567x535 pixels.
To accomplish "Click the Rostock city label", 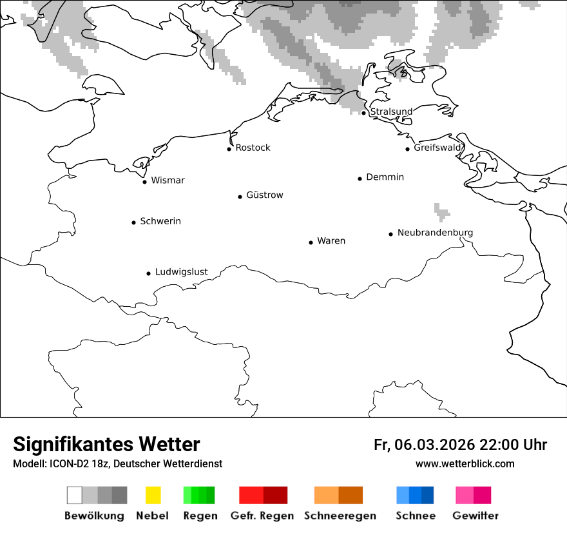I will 253,148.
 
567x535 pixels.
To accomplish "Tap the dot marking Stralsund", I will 363,113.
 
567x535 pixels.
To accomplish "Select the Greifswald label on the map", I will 437,148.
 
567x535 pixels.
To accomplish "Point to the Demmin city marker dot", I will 360,179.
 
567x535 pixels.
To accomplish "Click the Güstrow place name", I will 264,195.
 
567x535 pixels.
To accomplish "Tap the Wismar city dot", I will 144,182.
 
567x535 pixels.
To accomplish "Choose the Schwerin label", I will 160,221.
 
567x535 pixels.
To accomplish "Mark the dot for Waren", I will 311,242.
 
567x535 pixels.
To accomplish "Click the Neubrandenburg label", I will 435,233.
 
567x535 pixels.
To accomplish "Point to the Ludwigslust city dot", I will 148,273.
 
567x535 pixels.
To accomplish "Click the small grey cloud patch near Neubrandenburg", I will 441,211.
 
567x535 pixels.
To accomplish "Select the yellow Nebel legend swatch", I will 153,495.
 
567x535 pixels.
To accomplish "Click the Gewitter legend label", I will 476,516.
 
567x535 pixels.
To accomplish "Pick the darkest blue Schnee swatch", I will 427,495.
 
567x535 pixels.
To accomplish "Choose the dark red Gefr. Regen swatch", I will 275,495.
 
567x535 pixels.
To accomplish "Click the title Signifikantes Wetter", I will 106,444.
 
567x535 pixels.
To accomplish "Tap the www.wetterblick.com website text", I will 465,463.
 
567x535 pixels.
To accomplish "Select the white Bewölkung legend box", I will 74,495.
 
